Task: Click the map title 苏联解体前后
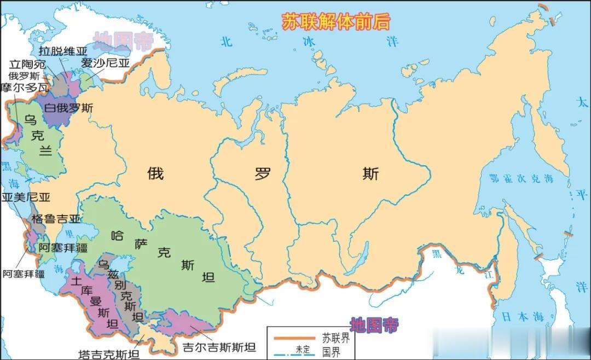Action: (336, 21)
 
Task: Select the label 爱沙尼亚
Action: (105, 63)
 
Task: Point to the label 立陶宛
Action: (27, 64)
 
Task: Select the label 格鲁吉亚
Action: (55, 219)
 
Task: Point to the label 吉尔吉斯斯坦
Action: (219, 347)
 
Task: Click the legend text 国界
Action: (331, 351)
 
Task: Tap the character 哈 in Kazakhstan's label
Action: (117, 236)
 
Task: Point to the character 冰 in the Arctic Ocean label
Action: (310, 41)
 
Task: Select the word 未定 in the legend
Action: (303, 349)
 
